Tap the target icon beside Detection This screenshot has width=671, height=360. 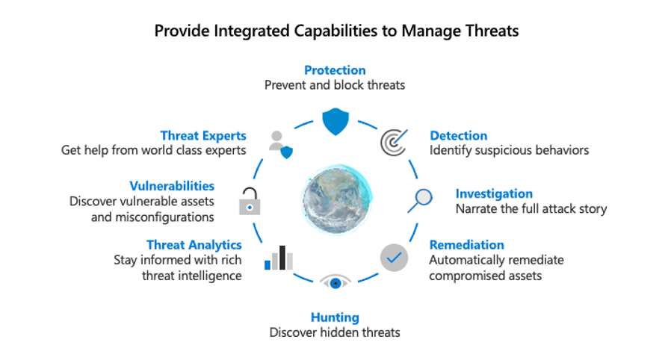coord(393,142)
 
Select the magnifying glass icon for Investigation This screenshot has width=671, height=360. coord(421,199)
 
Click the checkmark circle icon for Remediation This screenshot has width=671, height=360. coord(394,258)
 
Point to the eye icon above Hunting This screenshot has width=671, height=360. coord(335,282)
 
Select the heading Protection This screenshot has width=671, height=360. coord(335,70)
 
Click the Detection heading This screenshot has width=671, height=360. coord(458,135)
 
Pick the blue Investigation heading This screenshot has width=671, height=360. coord(494,193)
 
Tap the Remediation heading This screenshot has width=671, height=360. coord(466,244)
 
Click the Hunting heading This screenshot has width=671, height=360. coord(335,317)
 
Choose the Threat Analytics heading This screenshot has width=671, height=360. coord(194,244)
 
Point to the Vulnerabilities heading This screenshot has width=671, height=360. coord(172,186)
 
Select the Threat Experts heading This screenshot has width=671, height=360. coord(203,135)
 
